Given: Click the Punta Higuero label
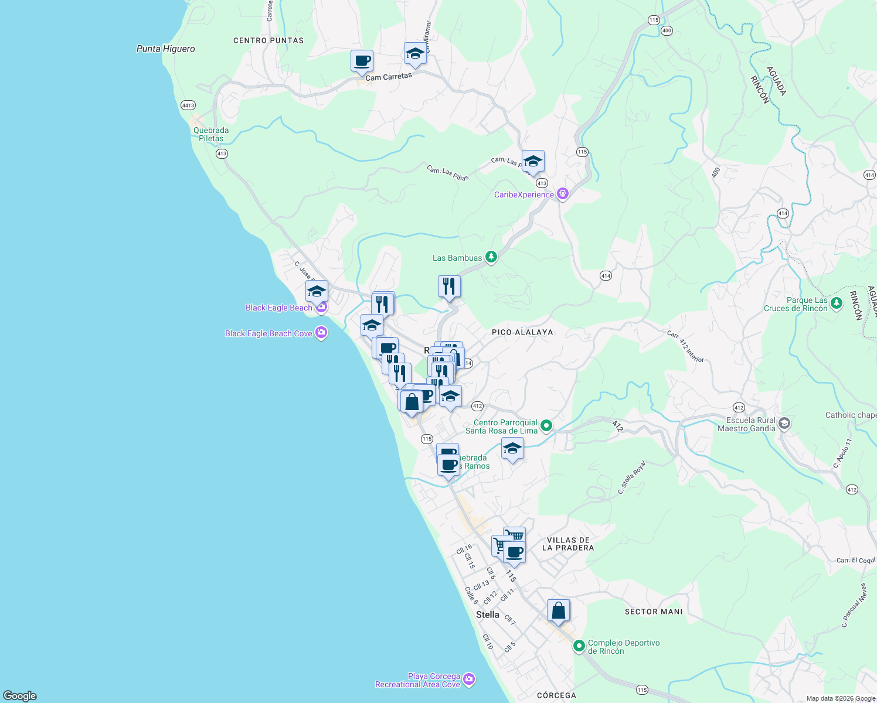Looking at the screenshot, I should click(165, 49).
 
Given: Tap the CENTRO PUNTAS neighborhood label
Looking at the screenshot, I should click(268, 40).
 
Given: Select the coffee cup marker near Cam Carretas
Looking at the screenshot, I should click(362, 61).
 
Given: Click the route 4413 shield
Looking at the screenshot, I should click(188, 105).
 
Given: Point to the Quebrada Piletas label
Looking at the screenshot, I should click(211, 134).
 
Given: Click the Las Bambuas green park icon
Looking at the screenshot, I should click(491, 257).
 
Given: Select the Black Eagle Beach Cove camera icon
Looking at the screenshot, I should click(321, 333).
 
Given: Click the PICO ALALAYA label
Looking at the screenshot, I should click(522, 332).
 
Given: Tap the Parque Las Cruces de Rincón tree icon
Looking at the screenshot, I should click(837, 303).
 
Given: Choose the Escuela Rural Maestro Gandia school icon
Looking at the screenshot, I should click(784, 424).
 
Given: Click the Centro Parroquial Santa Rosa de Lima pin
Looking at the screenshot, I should click(546, 425).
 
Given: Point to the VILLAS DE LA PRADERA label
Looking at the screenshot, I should click(568, 544).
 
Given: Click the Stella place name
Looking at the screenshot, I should click(488, 615).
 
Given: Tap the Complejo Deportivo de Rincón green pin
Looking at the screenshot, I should click(579, 646).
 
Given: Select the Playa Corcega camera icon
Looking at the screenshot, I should click(468, 679).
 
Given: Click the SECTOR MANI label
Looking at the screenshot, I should click(654, 612).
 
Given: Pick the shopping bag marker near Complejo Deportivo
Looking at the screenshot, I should click(559, 611).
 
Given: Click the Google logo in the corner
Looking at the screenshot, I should click(20, 695).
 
